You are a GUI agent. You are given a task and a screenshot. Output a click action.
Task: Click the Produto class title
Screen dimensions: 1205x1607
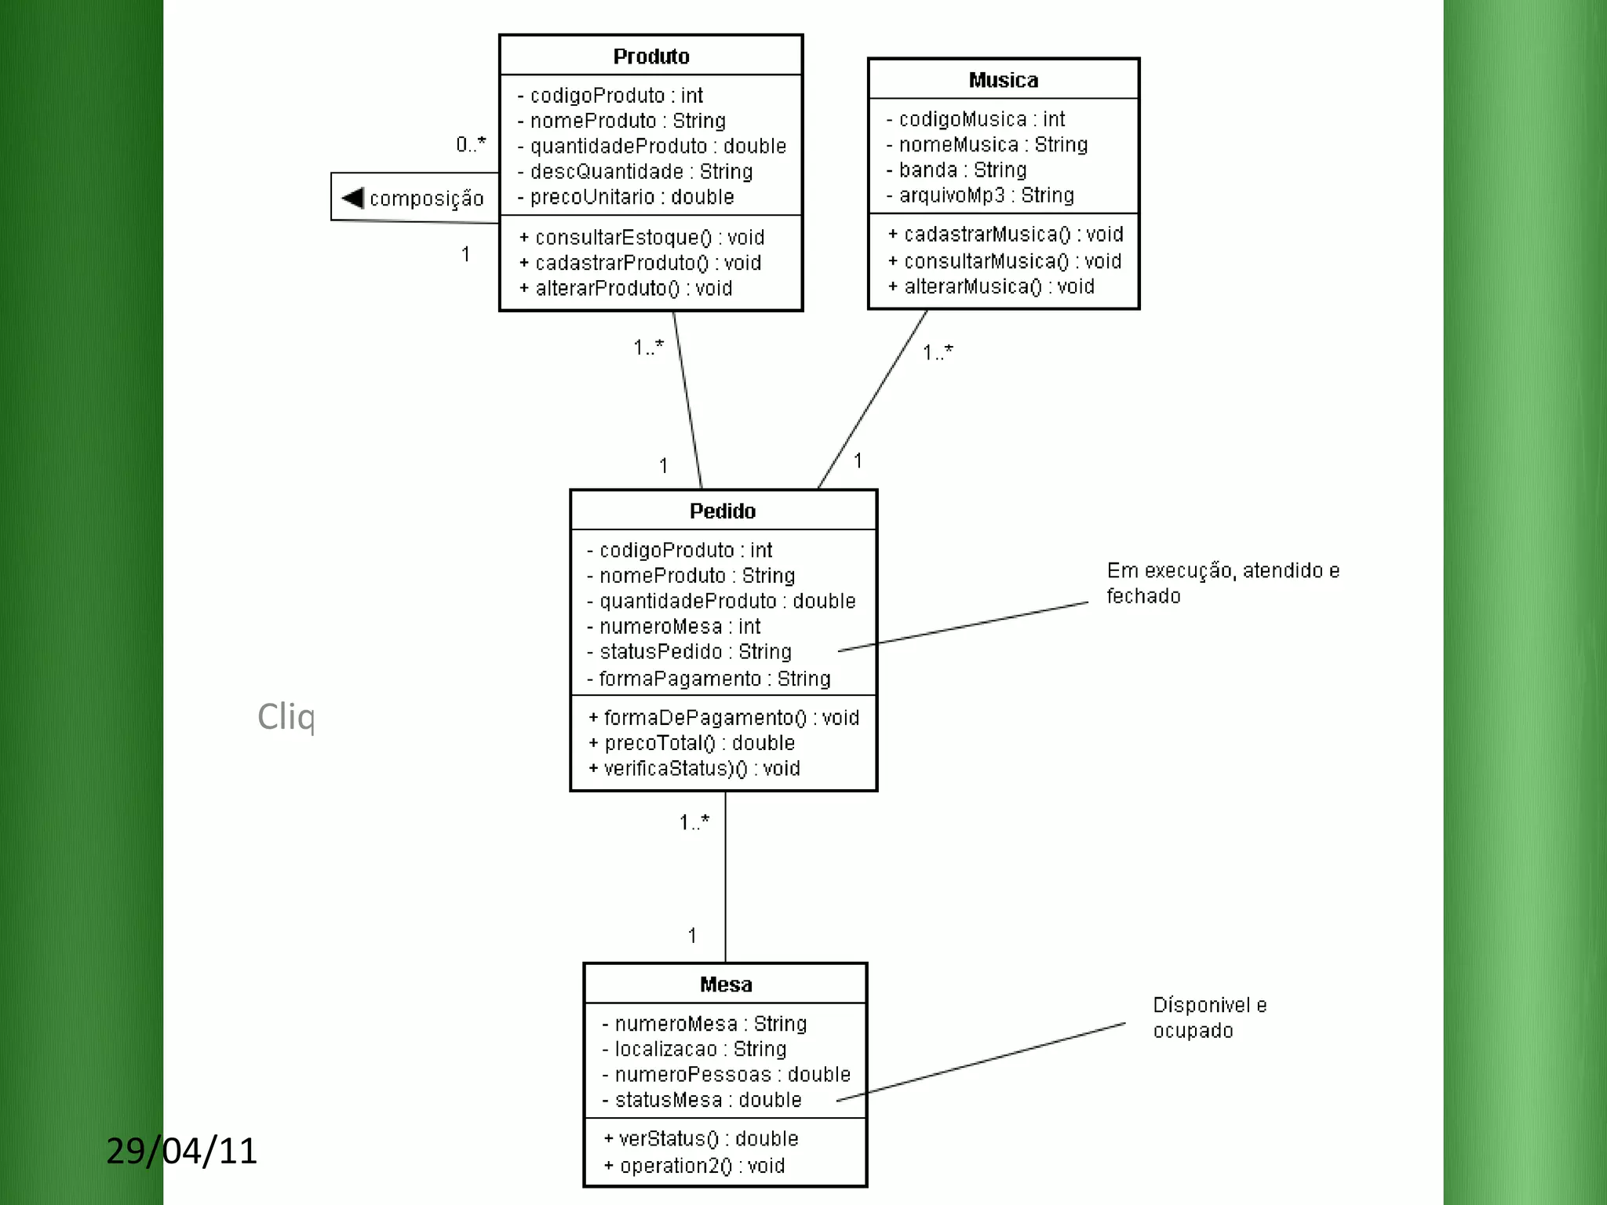tap(650, 56)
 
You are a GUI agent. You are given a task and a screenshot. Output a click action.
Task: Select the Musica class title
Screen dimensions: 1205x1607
tap(1003, 80)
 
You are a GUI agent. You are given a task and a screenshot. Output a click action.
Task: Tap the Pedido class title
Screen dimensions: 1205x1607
tap(722, 511)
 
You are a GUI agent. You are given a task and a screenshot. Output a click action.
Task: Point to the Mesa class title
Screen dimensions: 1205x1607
tap(726, 985)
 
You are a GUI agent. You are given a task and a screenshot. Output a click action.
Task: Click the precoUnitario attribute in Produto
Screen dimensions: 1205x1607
tap(632, 197)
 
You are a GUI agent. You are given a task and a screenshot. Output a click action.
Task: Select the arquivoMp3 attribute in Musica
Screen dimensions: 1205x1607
tap(986, 195)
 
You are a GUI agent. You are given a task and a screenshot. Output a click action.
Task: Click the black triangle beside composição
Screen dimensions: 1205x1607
tap(353, 198)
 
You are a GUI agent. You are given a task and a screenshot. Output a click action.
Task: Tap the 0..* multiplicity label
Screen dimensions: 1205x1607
tap(471, 144)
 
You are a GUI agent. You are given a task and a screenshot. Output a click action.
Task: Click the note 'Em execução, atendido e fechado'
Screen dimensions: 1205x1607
tap(1222, 583)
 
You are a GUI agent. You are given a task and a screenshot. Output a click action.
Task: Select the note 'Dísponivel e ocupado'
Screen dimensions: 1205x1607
tap(1208, 1018)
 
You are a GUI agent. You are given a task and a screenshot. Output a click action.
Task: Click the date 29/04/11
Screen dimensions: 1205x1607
tap(182, 1151)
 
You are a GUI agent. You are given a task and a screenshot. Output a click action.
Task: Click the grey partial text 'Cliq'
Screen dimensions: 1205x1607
tap(286, 717)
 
